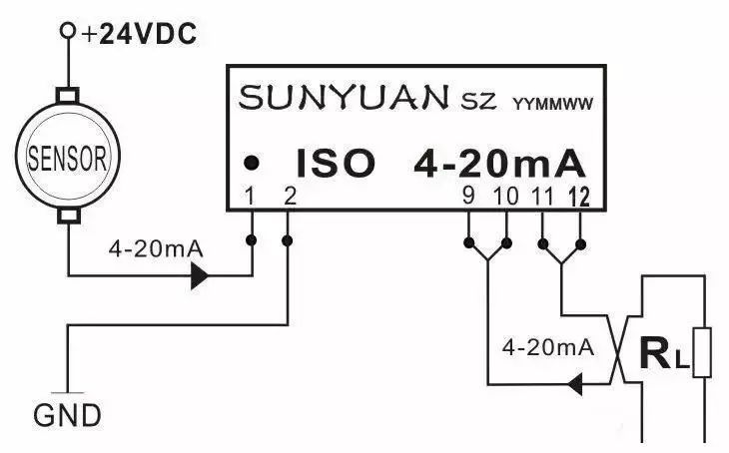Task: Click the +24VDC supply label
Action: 140,35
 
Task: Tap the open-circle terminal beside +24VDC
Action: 68,31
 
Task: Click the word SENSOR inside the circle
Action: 67,158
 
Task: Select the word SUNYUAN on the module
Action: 345,98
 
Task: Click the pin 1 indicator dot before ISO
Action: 254,162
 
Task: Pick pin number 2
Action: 290,196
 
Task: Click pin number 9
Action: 468,196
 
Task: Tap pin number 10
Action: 506,196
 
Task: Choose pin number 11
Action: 543,196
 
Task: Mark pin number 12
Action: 580,196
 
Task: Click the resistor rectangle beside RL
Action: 703,352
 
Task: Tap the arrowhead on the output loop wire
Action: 576,382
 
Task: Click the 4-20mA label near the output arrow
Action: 547,348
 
